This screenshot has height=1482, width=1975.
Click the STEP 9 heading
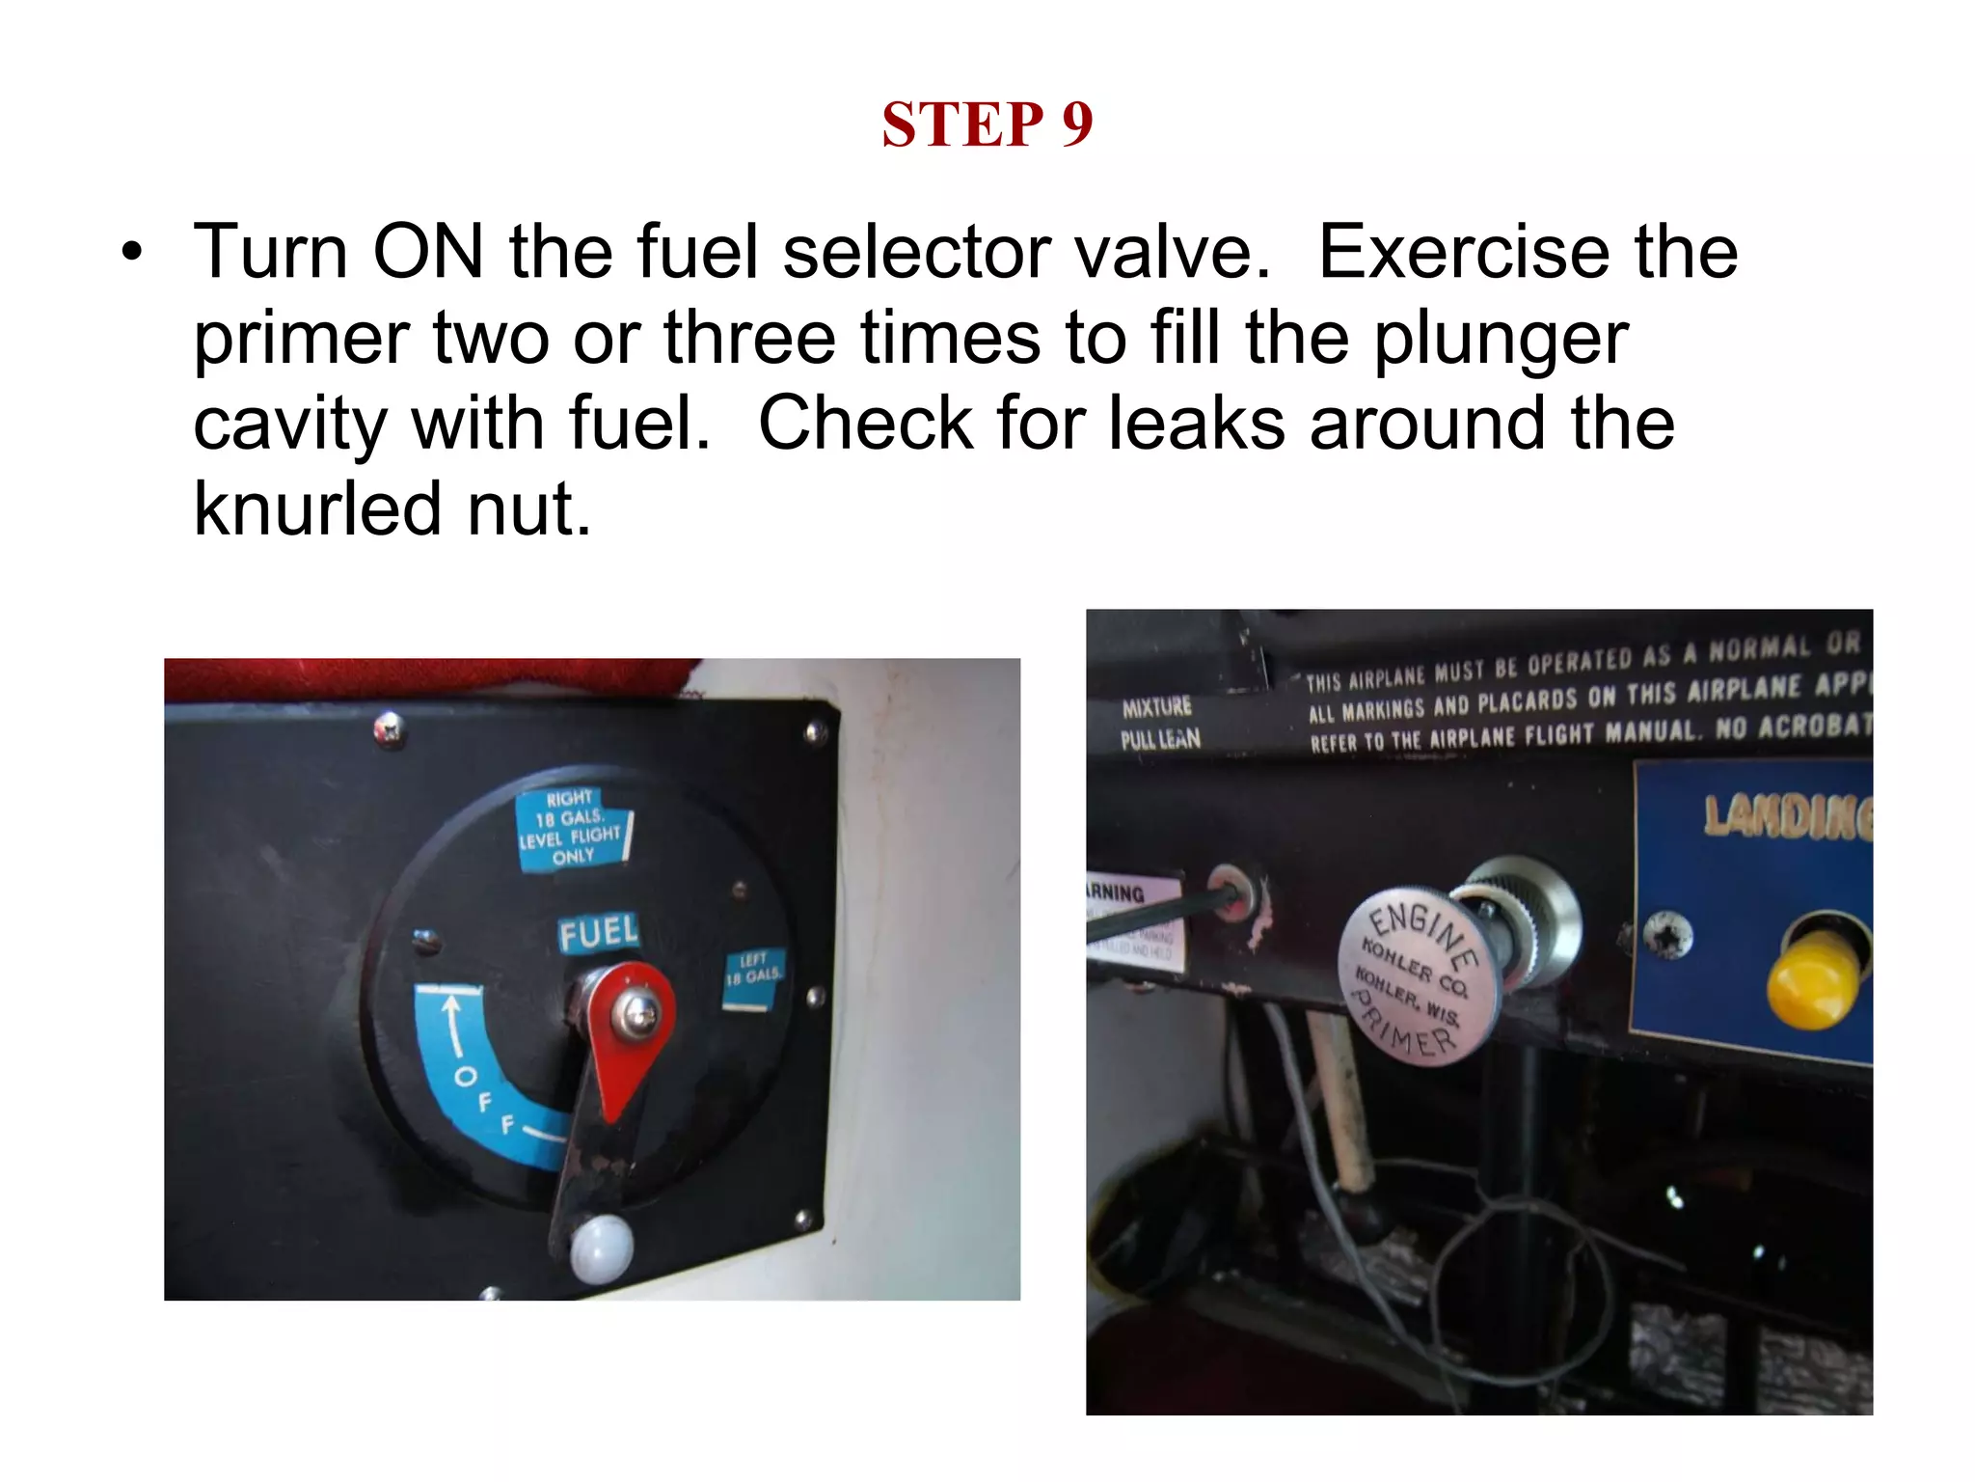point(987,124)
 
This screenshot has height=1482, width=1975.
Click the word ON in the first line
point(427,252)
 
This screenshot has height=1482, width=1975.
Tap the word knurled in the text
point(317,508)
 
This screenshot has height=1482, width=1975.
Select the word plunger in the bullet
point(1501,339)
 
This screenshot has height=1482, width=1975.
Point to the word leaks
point(1197,424)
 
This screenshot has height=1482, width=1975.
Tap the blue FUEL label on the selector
point(598,933)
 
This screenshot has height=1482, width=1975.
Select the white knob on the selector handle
point(601,1249)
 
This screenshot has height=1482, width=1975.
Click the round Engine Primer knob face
point(1416,976)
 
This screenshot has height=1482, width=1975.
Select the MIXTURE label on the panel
point(1156,707)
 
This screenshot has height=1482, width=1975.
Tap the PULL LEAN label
point(1160,740)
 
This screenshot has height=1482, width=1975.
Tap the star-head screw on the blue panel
point(1665,935)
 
